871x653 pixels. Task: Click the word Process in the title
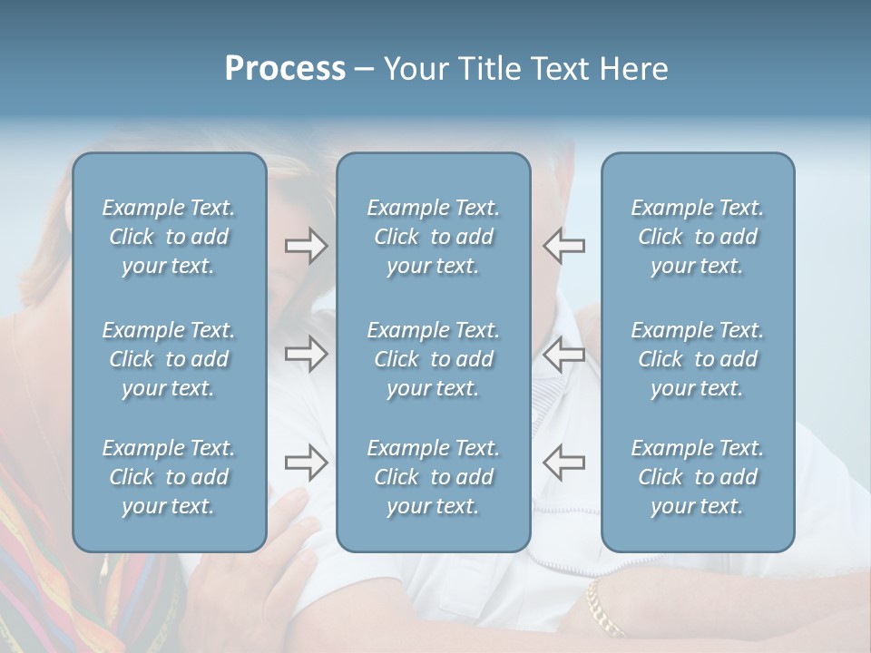(285, 69)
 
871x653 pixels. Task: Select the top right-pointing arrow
(307, 246)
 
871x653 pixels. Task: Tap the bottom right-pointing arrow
(307, 463)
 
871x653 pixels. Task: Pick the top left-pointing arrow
(563, 246)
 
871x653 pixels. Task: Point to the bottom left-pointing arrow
(563, 463)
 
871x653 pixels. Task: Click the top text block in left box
(169, 237)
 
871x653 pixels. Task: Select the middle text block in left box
(169, 359)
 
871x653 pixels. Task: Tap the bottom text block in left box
(169, 477)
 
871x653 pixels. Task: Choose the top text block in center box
(433, 237)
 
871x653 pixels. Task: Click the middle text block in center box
(433, 359)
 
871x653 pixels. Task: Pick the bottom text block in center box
(433, 477)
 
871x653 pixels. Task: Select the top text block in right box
(697, 237)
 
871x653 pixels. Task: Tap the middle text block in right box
(697, 359)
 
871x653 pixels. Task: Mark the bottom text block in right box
(697, 477)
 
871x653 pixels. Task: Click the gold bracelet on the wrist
(603, 607)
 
